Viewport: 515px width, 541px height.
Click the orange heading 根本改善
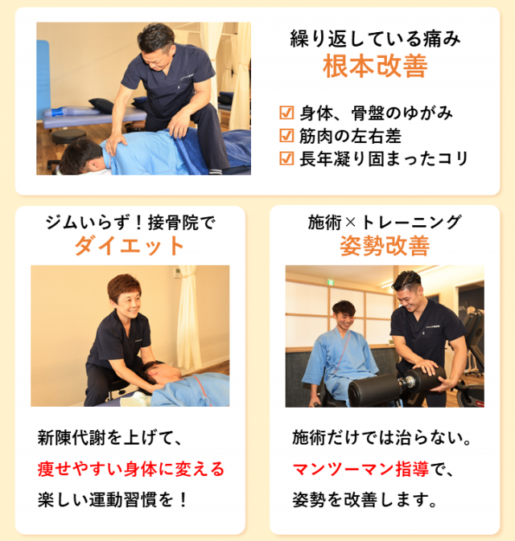[x=375, y=66]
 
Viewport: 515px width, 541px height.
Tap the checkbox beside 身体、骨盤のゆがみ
[x=286, y=113]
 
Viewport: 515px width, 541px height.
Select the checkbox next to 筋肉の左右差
[x=286, y=136]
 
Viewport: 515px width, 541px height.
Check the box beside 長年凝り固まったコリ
[x=286, y=158]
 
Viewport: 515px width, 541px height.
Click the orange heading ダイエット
[x=130, y=245]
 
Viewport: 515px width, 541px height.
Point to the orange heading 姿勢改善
[x=385, y=246]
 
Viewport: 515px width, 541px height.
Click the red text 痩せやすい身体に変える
[x=131, y=469]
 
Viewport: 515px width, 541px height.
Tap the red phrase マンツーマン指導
[x=360, y=469]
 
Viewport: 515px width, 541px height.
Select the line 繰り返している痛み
[x=375, y=39]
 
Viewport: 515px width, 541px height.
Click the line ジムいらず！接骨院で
[x=130, y=223]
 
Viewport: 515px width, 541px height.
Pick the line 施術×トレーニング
[x=385, y=222]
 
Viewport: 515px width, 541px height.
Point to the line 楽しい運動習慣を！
[x=113, y=499]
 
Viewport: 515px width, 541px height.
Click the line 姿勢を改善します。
[x=365, y=499]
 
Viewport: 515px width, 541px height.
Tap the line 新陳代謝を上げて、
[x=109, y=438]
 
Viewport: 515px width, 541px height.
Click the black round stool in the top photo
[x=68, y=136]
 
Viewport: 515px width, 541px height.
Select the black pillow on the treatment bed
[x=101, y=105]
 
